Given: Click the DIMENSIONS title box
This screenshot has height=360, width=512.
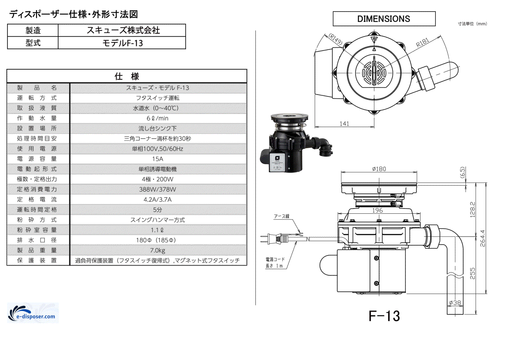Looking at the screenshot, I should click(384, 19).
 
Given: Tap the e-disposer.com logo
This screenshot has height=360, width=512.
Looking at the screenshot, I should click(33, 313).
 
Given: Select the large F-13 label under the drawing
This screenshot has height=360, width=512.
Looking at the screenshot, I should click(384, 316).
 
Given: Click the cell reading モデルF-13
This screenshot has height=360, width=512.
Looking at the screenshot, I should click(122, 43).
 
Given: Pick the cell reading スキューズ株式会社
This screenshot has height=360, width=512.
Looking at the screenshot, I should click(122, 30).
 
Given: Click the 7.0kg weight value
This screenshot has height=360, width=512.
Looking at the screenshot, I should click(158, 250).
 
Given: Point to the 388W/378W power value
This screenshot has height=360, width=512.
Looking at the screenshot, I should click(158, 189).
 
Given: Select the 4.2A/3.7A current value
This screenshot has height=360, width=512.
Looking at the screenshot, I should click(158, 199).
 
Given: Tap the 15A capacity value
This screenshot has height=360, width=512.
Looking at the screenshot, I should click(158, 159).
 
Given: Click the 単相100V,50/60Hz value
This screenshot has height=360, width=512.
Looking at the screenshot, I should click(158, 149).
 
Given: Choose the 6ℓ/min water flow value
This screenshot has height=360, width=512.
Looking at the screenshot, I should click(158, 118).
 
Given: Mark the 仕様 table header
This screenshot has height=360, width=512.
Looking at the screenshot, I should click(127, 76).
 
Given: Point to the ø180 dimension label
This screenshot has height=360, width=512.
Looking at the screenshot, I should click(379, 169).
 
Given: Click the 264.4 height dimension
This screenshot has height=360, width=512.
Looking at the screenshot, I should click(483, 238).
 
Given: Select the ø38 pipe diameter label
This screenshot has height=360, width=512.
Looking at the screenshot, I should click(455, 303).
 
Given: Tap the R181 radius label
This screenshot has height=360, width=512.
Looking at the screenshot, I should click(422, 43).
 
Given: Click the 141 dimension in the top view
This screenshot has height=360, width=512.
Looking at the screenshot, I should click(344, 123).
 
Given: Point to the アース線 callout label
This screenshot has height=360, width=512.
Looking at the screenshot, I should click(281, 216).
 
